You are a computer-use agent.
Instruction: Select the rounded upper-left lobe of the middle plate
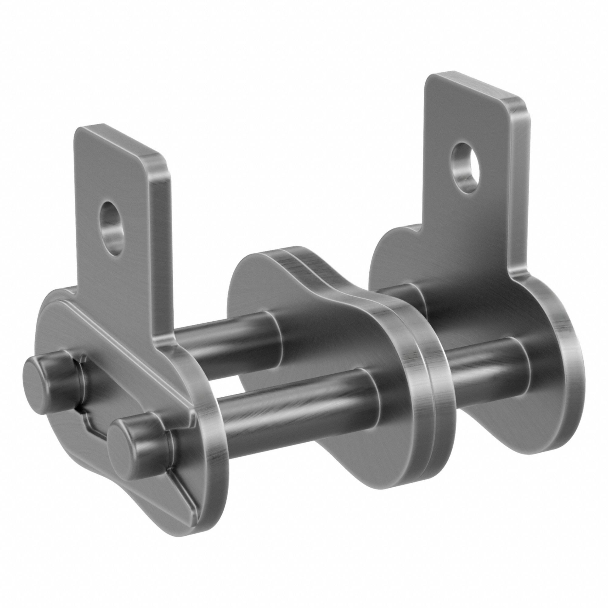coord(249,271)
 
